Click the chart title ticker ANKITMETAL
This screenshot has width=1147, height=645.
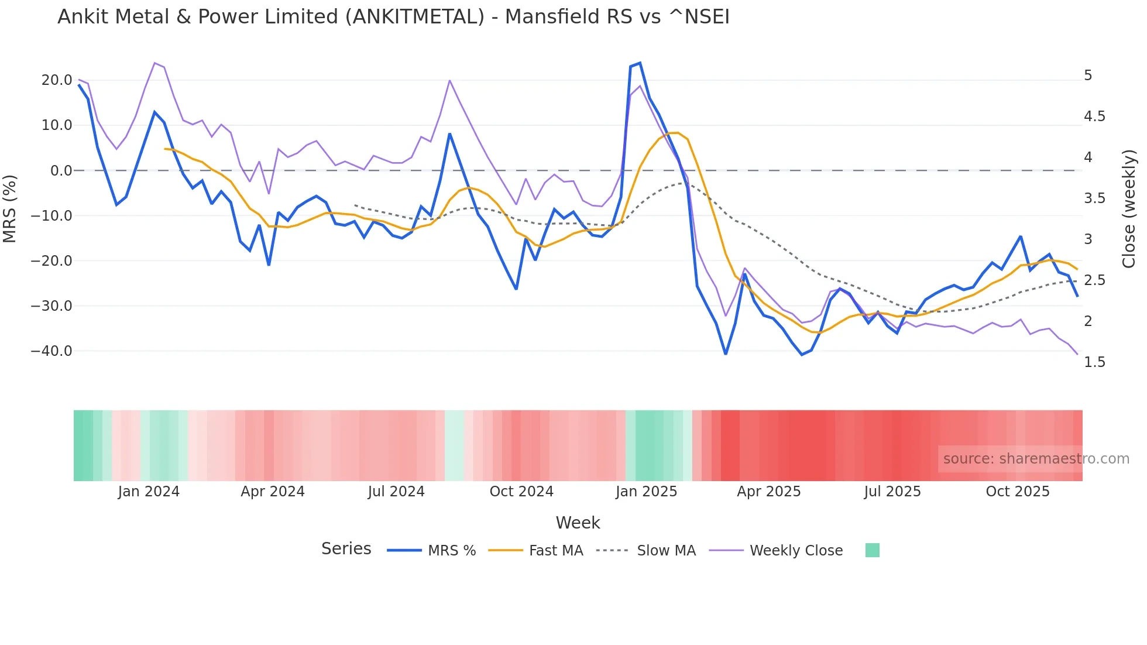pos(415,17)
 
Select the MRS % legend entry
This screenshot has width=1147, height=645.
pos(451,551)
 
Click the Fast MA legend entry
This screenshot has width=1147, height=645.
pos(555,551)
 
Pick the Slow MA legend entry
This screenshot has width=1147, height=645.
pos(666,551)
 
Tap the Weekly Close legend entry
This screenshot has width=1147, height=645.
pos(796,551)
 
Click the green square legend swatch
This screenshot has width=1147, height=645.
pos(872,550)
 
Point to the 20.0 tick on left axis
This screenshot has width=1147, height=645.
pos(56,80)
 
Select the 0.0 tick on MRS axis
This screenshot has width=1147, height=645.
pos(61,171)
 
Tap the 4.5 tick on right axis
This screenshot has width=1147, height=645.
pos(1094,116)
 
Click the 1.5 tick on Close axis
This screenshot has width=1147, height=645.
pos(1094,362)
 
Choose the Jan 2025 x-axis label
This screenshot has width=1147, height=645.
pos(646,492)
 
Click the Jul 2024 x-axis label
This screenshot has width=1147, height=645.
pos(396,492)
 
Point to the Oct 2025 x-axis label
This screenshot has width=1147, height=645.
pos(1018,492)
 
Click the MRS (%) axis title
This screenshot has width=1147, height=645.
pos(10,209)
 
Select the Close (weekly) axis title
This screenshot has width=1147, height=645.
pos(1129,209)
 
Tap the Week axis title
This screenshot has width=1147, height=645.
pos(578,523)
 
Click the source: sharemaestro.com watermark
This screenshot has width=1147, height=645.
pos(1036,459)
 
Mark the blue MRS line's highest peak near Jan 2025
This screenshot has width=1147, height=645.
pos(640,63)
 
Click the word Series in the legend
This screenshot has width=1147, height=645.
pos(346,549)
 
